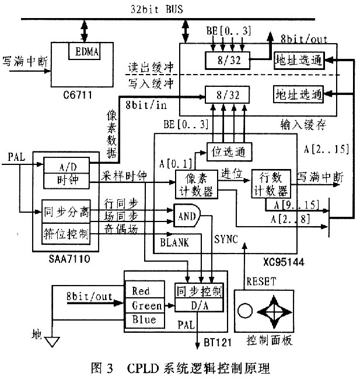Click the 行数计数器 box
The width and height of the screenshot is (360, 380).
pyautogui.click(x=270, y=183)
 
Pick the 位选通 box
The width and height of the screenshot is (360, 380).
pyautogui.click(x=229, y=152)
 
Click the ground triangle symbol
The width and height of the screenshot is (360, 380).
pyautogui.click(x=53, y=342)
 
